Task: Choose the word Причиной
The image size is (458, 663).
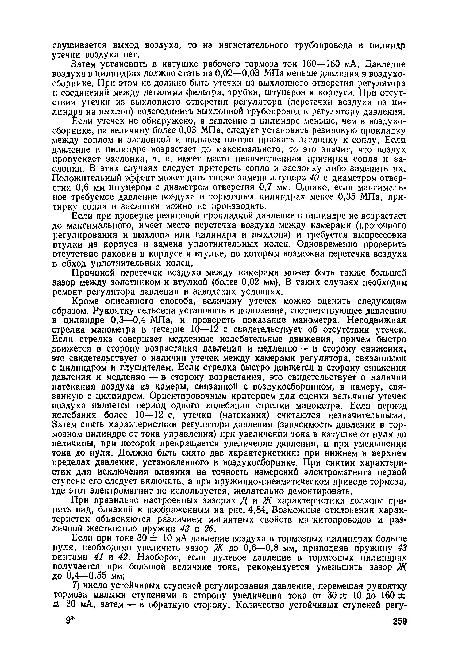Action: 92,272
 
